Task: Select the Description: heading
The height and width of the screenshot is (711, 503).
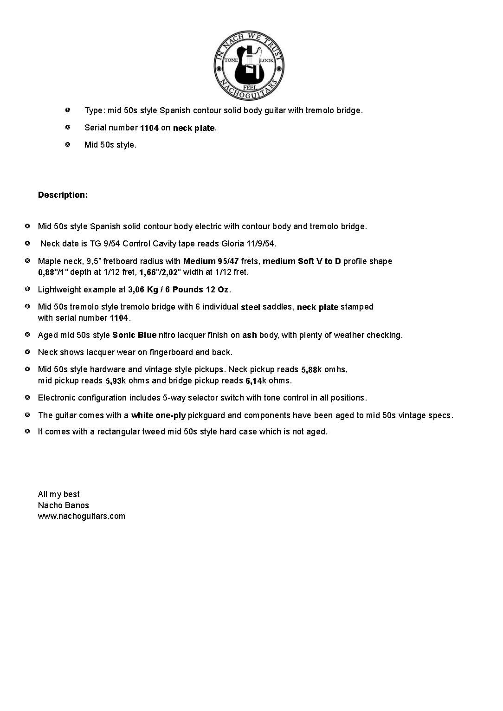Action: point(63,195)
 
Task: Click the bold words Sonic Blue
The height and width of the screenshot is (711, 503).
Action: point(134,335)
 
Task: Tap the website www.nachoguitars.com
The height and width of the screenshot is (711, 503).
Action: point(82,516)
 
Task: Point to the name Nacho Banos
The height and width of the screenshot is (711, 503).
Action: point(64,505)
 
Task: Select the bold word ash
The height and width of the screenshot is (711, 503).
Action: point(250,335)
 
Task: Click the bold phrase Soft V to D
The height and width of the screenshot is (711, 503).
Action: point(319,261)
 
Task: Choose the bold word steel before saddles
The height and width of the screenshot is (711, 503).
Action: point(251,307)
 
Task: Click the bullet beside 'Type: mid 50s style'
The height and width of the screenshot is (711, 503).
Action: point(68,110)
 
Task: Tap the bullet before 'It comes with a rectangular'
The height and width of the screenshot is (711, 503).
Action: point(27,432)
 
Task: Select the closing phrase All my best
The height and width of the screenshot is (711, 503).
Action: point(59,494)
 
